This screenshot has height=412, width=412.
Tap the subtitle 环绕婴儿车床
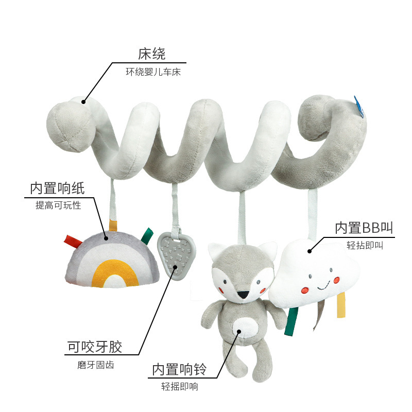153,72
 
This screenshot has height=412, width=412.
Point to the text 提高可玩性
58,205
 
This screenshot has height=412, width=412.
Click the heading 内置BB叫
364,227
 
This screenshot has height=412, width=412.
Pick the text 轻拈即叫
365,246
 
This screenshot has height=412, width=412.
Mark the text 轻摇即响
180,387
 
